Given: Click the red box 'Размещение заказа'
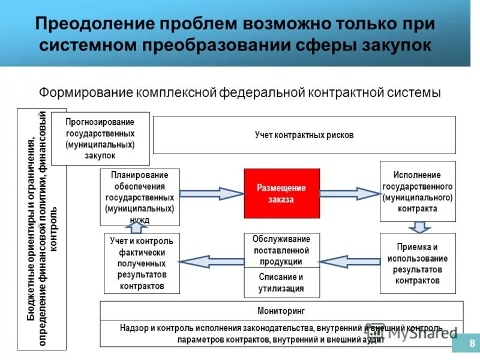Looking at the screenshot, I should click(x=281, y=193).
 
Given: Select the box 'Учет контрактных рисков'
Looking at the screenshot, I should click(x=304, y=135).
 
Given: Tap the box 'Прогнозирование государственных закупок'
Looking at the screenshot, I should click(x=100, y=138).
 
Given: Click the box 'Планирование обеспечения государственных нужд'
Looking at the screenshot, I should click(x=140, y=197).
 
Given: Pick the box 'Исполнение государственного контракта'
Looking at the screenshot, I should click(x=418, y=192).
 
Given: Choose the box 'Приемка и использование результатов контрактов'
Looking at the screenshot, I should click(x=418, y=263).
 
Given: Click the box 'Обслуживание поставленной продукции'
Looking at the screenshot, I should click(x=281, y=250).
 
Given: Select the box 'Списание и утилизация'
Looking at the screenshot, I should click(x=281, y=283).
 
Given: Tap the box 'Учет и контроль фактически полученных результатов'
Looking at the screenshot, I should click(x=142, y=263).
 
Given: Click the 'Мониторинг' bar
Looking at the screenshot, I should click(x=281, y=311).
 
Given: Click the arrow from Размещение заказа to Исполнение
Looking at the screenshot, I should click(x=350, y=193).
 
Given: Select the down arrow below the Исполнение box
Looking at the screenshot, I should click(x=418, y=227).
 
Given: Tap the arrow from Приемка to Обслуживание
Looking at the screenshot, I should click(x=350, y=261).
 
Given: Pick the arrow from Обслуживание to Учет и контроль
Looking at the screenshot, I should click(x=212, y=261).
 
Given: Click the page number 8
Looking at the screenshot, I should click(x=472, y=344).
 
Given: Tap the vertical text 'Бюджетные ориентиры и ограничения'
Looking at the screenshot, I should click(x=31, y=228).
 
